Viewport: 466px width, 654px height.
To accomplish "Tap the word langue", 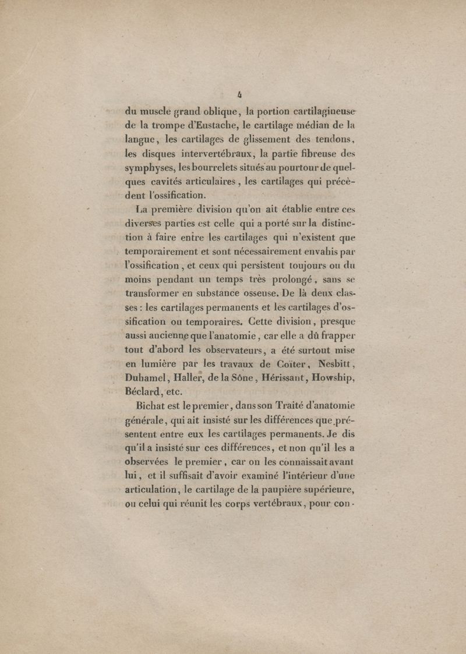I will tap(140, 139).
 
